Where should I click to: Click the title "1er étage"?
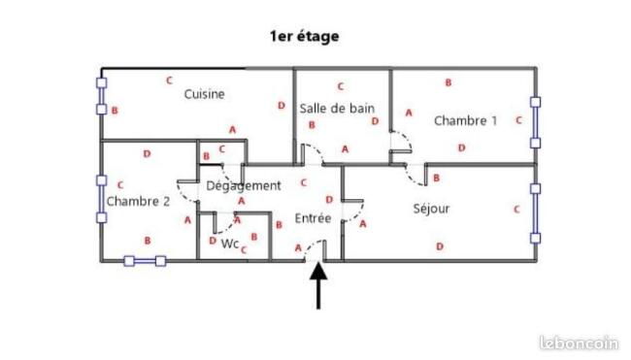tap(304, 36)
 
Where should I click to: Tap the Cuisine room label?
tap(205, 94)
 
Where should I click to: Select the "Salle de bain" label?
tap(337, 109)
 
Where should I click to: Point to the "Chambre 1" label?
tap(466, 120)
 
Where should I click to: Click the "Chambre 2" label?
tap(138, 201)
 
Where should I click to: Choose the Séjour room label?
tap(431, 209)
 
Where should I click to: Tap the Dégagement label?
tap(244, 186)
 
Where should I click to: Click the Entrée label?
tap(314, 218)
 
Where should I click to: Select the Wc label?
tap(230, 244)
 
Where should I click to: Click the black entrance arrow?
tap(318, 285)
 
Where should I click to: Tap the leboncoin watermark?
tap(580, 344)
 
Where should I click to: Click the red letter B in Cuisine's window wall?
tap(115, 111)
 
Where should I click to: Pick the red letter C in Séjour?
tap(517, 210)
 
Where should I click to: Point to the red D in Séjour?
tap(440, 246)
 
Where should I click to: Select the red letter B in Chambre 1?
tap(448, 82)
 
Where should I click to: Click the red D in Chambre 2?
tap(147, 153)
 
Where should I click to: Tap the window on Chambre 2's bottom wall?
tap(145, 261)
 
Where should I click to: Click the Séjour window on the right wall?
tap(535, 213)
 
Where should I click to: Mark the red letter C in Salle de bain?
tap(341, 86)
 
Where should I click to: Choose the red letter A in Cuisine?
tap(233, 130)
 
